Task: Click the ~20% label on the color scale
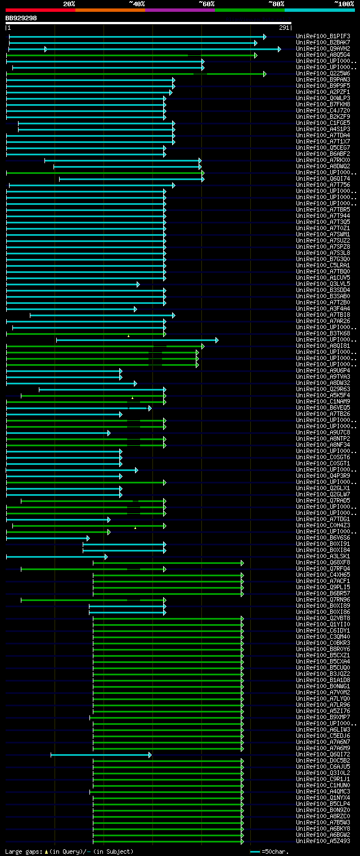pyautogui.click(x=69, y=4)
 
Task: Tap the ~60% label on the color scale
pyautogui.click(x=206, y=4)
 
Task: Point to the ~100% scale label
pyautogui.click(x=344, y=4)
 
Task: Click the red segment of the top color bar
pyautogui.click(x=40, y=10)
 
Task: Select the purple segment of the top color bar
pyautogui.click(x=179, y=10)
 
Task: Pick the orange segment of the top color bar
pyautogui.click(x=110, y=10)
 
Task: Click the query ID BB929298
pyautogui.click(x=21, y=18)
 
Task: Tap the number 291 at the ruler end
pyautogui.click(x=284, y=28)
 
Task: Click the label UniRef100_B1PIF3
pyautogui.click(x=323, y=37)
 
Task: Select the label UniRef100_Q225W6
pyautogui.click(x=323, y=74)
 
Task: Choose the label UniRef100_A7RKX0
pyautogui.click(x=323, y=160)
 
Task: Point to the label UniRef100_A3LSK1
pyautogui.click(x=323, y=557)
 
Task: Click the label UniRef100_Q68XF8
pyautogui.click(x=323, y=563)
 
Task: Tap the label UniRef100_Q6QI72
pyautogui.click(x=323, y=755)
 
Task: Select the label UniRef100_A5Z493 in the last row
pyautogui.click(x=323, y=841)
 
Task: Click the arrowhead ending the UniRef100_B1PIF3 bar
pyautogui.click(x=265, y=37)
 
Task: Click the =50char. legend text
pyautogui.click(x=276, y=851)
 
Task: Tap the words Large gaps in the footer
pyautogui.click(x=22, y=851)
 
